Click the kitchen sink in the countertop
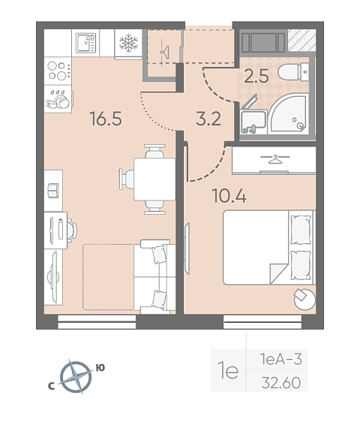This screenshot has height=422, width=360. click(x=85, y=43)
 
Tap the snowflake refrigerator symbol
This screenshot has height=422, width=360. click(x=128, y=43)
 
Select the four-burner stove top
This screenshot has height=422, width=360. click(x=58, y=71)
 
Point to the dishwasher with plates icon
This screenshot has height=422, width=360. click(x=58, y=99)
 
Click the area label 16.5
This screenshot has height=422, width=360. click(x=106, y=119)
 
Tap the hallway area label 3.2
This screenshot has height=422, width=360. click(x=208, y=119)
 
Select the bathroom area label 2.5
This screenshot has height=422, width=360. click(x=256, y=76)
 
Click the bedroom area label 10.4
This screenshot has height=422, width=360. click(x=229, y=195)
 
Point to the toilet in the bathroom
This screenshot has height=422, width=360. click(x=293, y=72)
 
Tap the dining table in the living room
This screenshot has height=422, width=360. click(x=154, y=179)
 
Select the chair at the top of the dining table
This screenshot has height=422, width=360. click(x=154, y=151)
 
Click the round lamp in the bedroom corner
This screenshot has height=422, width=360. click(x=304, y=299)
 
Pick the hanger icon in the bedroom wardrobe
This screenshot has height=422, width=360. click(x=274, y=159)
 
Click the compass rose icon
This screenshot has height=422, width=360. click(x=76, y=377)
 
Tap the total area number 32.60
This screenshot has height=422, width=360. click(x=281, y=383)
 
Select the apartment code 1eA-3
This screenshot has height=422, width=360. click(x=281, y=359)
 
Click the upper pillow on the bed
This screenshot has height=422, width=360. click(x=301, y=230)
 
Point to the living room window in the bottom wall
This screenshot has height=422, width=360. click(x=97, y=322)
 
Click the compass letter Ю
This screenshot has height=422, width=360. click(x=100, y=368)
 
